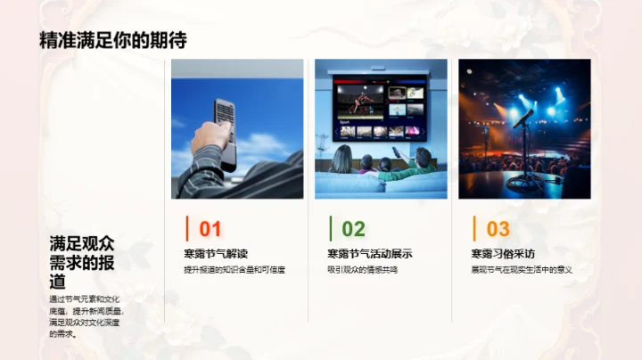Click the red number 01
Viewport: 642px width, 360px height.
pyautogui.click(x=210, y=229)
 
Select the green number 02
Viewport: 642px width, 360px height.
pyautogui.click(x=353, y=229)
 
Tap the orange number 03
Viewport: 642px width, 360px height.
pyautogui.click(x=498, y=229)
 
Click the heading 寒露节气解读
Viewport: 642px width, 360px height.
pyautogui.click(x=216, y=254)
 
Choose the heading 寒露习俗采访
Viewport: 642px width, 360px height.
pyautogui.click(x=503, y=254)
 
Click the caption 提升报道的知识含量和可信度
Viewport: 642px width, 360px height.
pyautogui.click(x=234, y=270)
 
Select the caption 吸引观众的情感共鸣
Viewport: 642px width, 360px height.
pyautogui.click(x=362, y=270)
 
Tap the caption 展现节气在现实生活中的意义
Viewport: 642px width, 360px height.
pyautogui.click(x=522, y=270)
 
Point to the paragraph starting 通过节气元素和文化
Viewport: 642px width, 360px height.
pyautogui.click(x=86, y=316)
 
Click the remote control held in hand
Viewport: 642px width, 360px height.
pyautogui.click(x=224, y=129)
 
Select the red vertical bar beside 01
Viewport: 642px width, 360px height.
pyautogui.click(x=186, y=228)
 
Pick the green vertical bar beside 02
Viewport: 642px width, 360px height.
pyautogui.click(x=331, y=228)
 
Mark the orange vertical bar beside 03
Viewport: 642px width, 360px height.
pyautogui.click(x=474, y=228)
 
